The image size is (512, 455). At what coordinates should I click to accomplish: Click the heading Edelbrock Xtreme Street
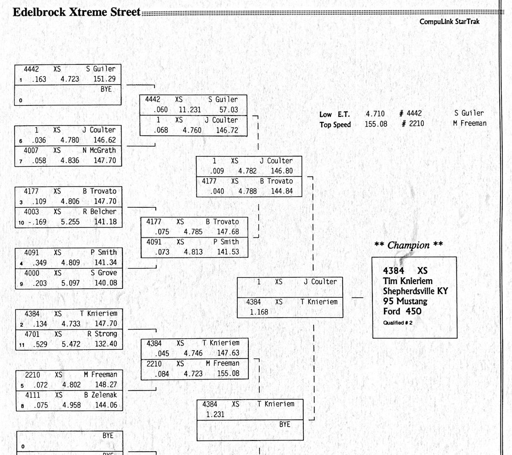[x=76, y=12]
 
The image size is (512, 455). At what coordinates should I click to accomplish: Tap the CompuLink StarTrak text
[x=449, y=22]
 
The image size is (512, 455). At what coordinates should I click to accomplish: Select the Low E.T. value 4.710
[x=375, y=114]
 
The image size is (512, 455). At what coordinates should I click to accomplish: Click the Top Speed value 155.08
[x=375, y=124]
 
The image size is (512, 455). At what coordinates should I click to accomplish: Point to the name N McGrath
[x=99, y=151]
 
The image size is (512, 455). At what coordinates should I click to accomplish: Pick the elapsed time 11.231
[x=189, y=110]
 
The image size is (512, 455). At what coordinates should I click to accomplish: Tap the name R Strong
[x=102, y=334]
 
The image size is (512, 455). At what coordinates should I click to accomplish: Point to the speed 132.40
[x=106, y=344]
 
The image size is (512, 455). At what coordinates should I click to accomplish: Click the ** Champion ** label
[x=408, y=245]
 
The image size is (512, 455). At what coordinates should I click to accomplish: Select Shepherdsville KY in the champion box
[x=415, y=291]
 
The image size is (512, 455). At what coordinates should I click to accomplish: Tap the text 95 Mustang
[x=405, y=301]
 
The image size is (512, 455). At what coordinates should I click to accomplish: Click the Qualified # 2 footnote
[x=397, y=323]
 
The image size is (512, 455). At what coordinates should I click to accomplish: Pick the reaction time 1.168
[x=259, y=312]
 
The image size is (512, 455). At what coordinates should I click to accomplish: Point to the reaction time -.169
[x=37, y=222]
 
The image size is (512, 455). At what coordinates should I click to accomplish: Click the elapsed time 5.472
[x=71, y=344]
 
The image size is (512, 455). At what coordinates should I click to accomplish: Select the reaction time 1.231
[x=215, y=414]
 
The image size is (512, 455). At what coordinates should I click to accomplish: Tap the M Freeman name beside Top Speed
[x=469, y=124]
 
